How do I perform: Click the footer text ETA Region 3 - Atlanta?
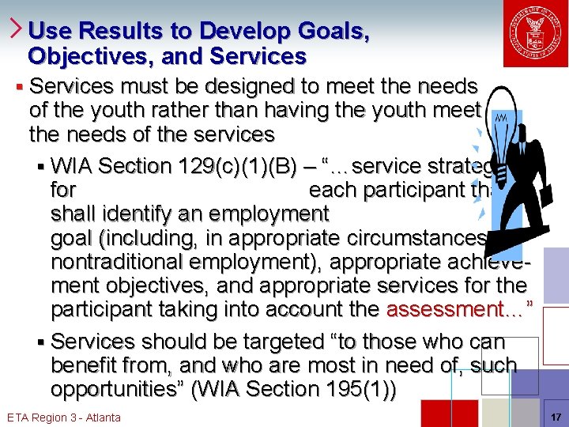point(63,417)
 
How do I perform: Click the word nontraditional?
point(122,261)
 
